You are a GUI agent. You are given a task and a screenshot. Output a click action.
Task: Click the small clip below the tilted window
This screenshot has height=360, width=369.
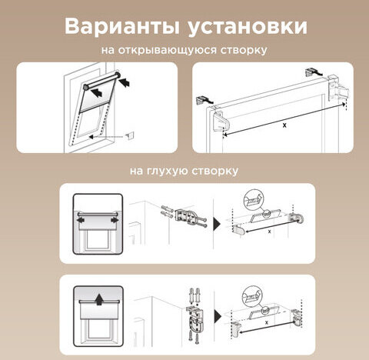pos(128,135)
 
